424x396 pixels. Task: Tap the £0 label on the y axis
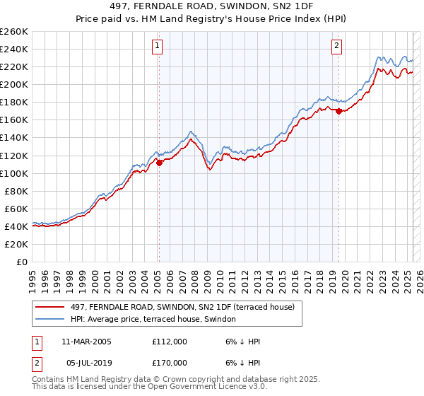click(x=22, y=262)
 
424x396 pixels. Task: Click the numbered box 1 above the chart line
click(x=157, y=47)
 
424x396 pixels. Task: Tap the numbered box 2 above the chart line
click(x=336, y=47)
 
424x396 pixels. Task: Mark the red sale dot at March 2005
click(x=159, y=163)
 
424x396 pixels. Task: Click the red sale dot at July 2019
click(x=338, y=111)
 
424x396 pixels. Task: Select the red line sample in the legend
click(x=50, y=306)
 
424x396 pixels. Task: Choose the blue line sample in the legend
click(x=50, y=320)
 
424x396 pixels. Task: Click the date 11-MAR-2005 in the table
click(x=86, y=342)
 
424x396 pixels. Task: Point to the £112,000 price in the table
click(x=170, y=342)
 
